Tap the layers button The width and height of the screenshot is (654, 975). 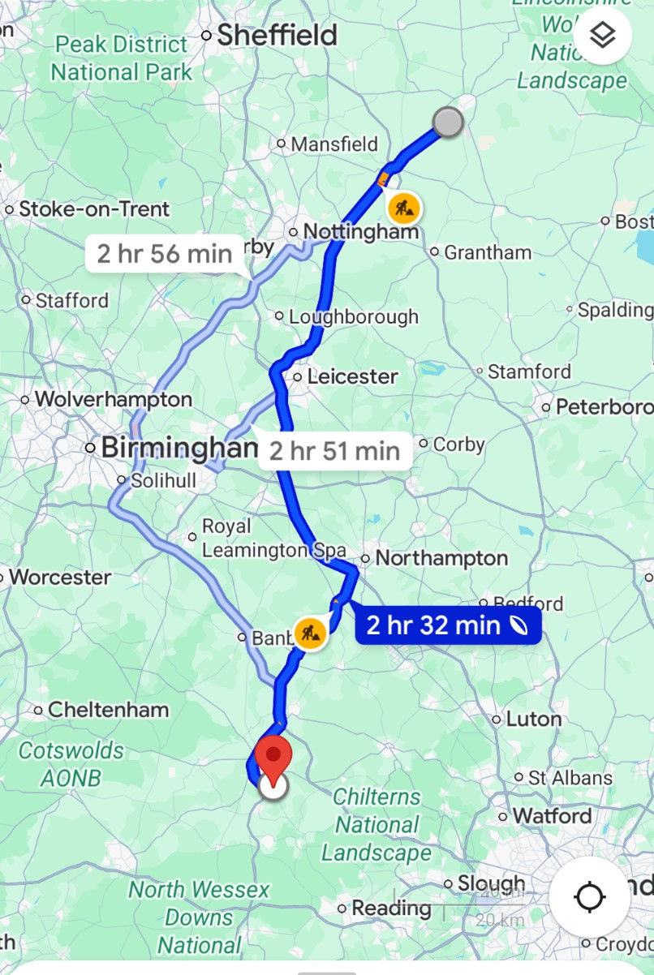click(603, 36)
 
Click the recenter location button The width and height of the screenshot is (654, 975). click(589, 897)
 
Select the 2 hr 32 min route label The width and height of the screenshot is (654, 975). click(447, 625)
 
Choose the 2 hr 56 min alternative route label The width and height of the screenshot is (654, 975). click(165, 254)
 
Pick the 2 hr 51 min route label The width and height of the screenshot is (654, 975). click(334, 450)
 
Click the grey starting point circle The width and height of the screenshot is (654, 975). click(447, 122)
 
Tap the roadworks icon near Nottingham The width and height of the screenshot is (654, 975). click(403, 208)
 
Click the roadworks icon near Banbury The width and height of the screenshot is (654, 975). click(309, 632)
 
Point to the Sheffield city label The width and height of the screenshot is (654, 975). click(276, 35)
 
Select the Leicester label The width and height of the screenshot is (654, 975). click(352, 376)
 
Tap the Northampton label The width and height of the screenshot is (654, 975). click(441, 558)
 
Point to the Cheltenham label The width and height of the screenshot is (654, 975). click(108, 710)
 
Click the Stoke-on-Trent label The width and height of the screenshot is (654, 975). click(94, 209)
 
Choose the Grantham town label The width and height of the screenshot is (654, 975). click(487, 252)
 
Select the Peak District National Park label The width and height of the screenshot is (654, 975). click(123, 58)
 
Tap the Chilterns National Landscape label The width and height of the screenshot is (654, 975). click(376, 825)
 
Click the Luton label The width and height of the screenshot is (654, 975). click(533, 719)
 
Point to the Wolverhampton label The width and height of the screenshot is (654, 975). click(113, 399)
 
